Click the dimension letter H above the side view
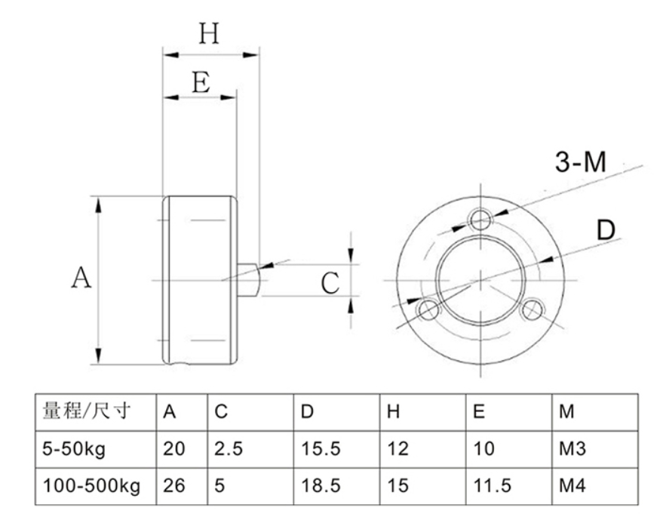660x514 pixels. click(209, 34)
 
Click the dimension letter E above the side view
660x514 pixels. click(201, 82)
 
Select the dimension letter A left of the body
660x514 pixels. click(81, 278)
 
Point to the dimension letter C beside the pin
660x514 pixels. click(330, 283)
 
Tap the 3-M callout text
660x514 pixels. click(581, 162)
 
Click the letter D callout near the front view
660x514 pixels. click(606, 230)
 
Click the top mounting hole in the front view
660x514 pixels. click(480, 219)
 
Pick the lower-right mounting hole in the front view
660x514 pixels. click(532, 309)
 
